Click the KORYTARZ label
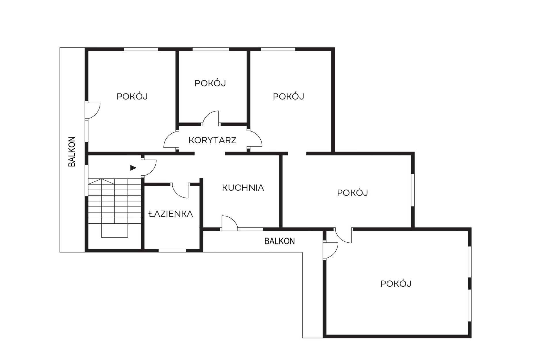click(212, 140)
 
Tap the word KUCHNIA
click(243, 188)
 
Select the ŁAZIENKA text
click(171, 214)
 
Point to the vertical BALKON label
click(72, 152)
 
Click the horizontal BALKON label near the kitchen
click(279, 241)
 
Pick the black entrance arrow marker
click(133, 168)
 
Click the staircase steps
click(115, 201)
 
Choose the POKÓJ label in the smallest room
click(210, 83)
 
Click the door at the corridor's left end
click(171, 140)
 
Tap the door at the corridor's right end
click(255, 140)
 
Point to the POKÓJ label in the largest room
click(396, 284)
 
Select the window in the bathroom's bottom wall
click(172, 250)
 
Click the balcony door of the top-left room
click(93, 110)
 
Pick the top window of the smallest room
click(211, 49)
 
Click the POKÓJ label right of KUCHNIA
click(352, 193)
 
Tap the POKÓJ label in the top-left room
click(132, 97)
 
